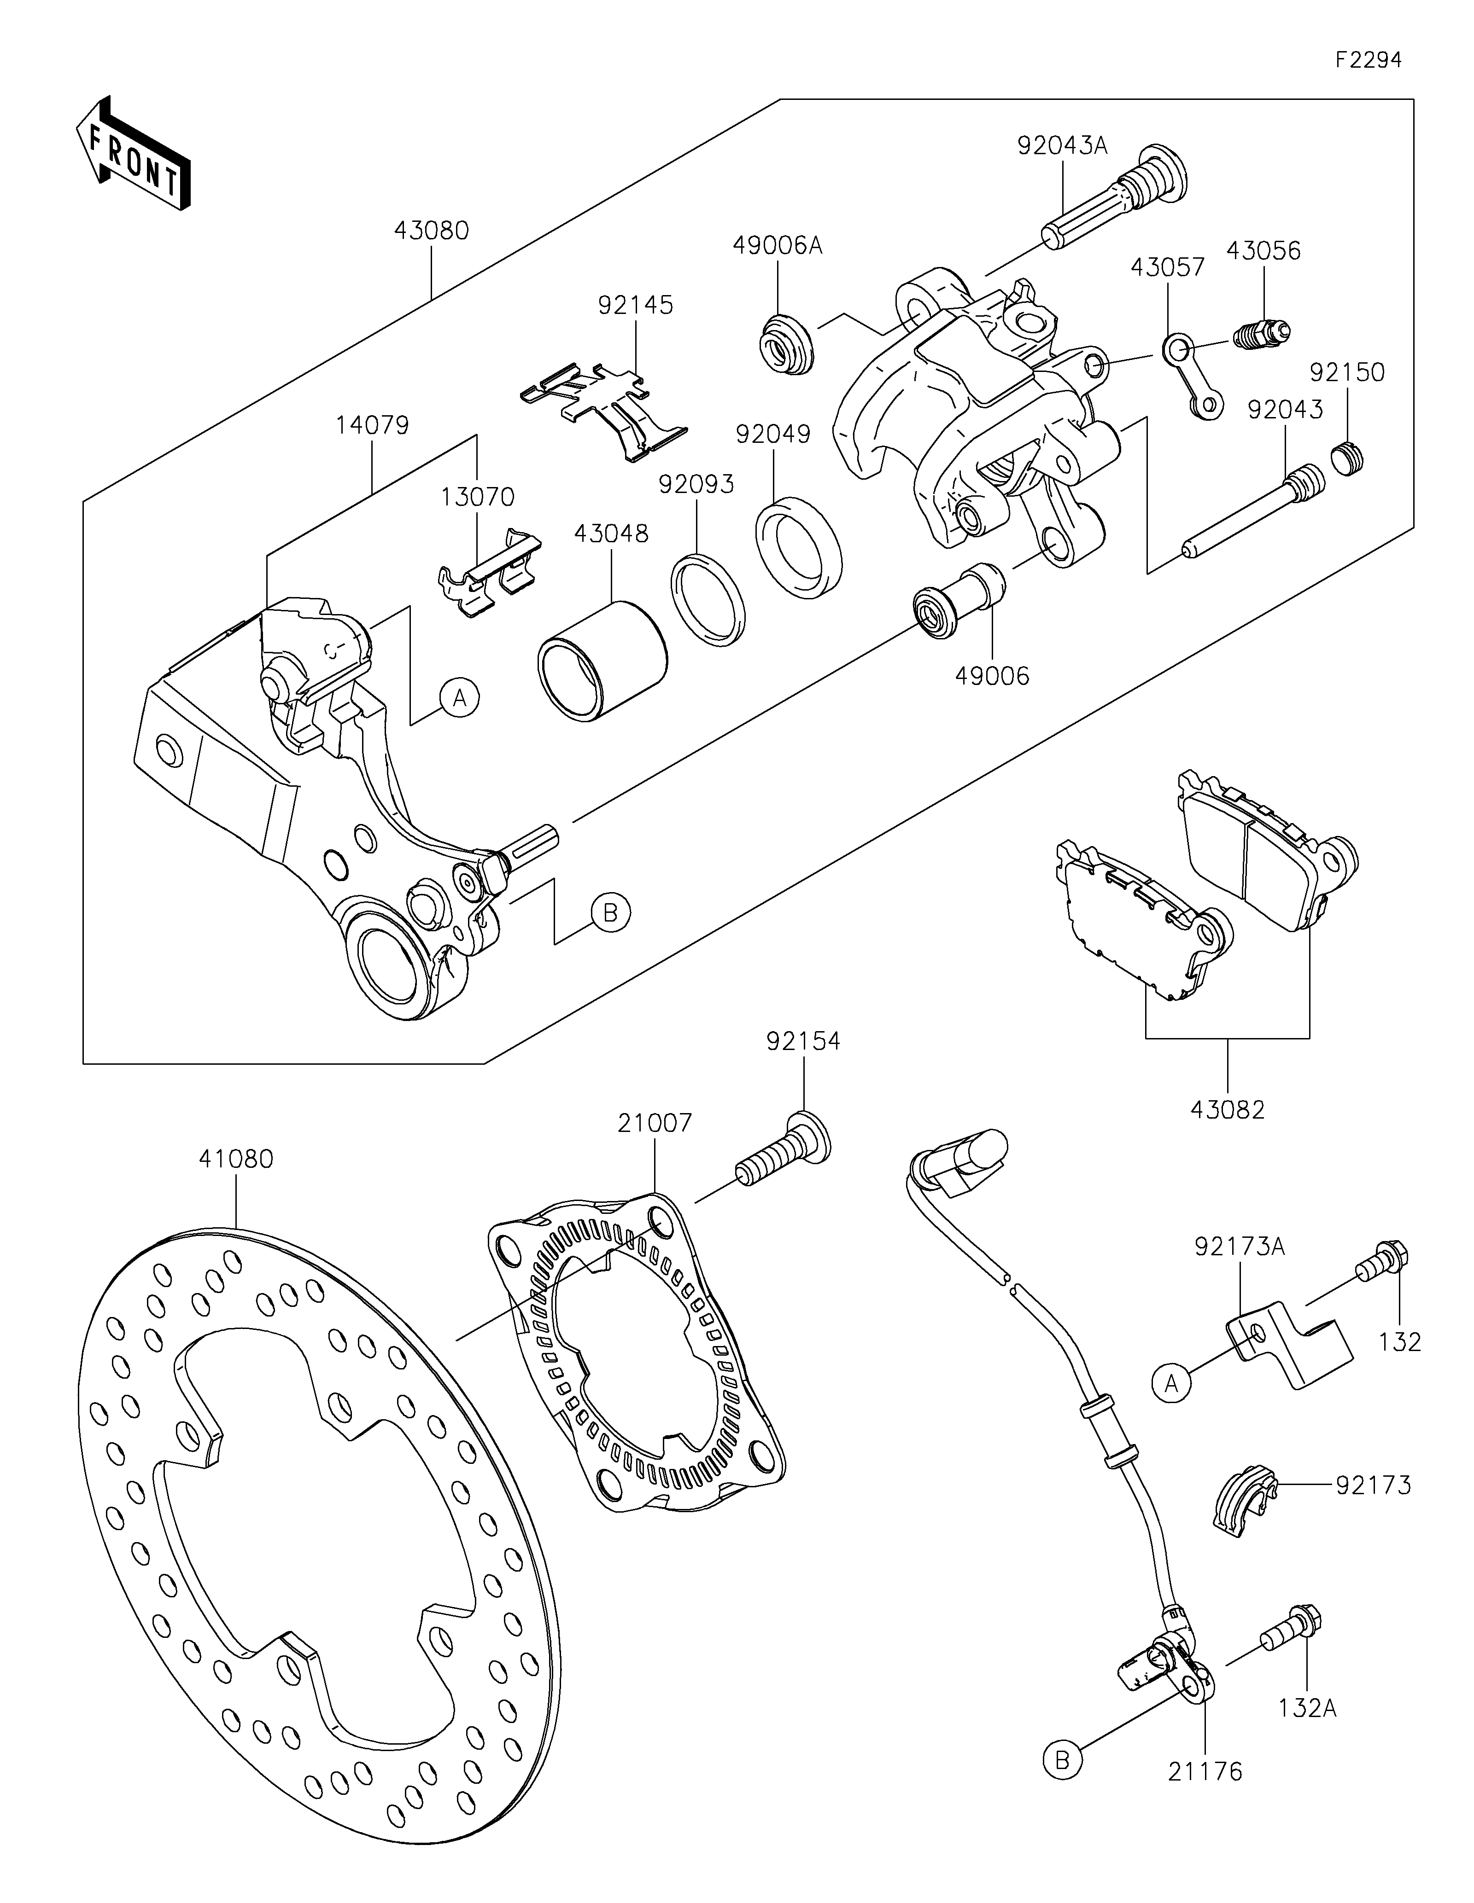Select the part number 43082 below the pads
coord(1227,1109)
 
